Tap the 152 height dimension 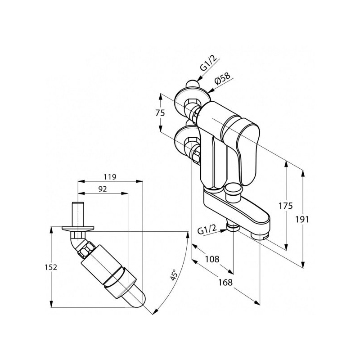coord(52,267)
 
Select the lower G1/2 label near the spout coord(208,230)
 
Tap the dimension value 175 coord(285,206)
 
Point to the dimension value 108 coord(212,259)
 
